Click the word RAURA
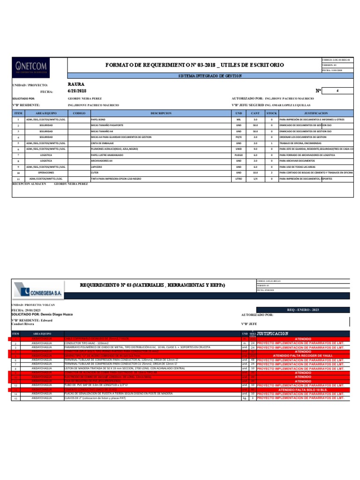(x=76, y=84)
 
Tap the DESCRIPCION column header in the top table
(x=161, y=113)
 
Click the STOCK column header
(x=271, y=113)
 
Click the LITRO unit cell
(x=238, y=179)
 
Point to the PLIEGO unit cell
(x=238, y=155)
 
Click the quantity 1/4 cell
(x=255, y=179)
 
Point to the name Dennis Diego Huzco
(x=54, y=314)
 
